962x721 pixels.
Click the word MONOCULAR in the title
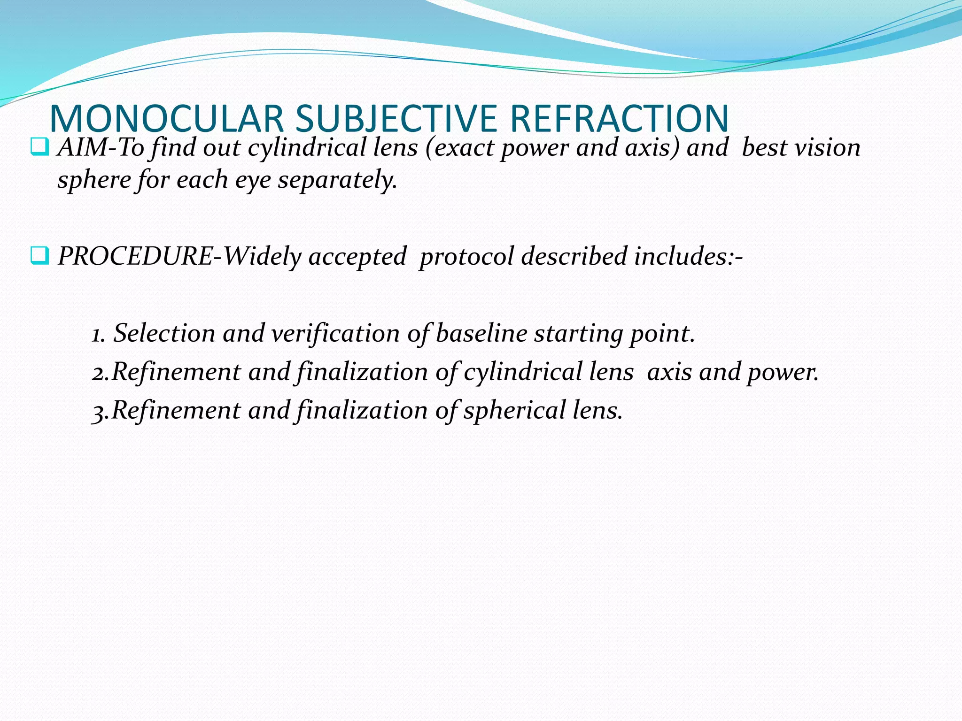click(166, 119)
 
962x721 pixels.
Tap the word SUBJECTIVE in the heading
click(396, 119)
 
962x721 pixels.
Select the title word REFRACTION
click(619, 119)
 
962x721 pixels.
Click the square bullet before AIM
click(39, 147)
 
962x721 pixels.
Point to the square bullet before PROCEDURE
click(39, 256)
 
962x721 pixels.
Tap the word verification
click(335, 334)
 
